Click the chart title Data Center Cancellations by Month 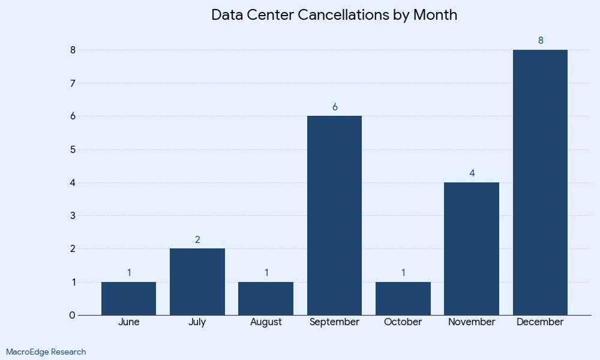tap(334, 15)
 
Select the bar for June tap(128, 298)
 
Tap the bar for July tap(197, 281)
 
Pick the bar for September tap(334, 215)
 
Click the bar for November tap(472, 248)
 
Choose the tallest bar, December tap(540, 182)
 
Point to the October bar tap(403, 298)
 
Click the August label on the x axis tap(266, 322)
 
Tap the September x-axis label tap(334, 322)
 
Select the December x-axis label tap(540, 322)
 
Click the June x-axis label tap(128, 322)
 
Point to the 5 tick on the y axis tap(73, 149)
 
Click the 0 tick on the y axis tap(73, 315)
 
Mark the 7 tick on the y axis tap(73, 83)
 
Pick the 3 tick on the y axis tap(73, 215)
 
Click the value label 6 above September tap(335, 107)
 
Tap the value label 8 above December tap(541, 41)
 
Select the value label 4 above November tap(472, 173)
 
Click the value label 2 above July tap(197, 240)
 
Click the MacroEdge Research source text tap(46, 352)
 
